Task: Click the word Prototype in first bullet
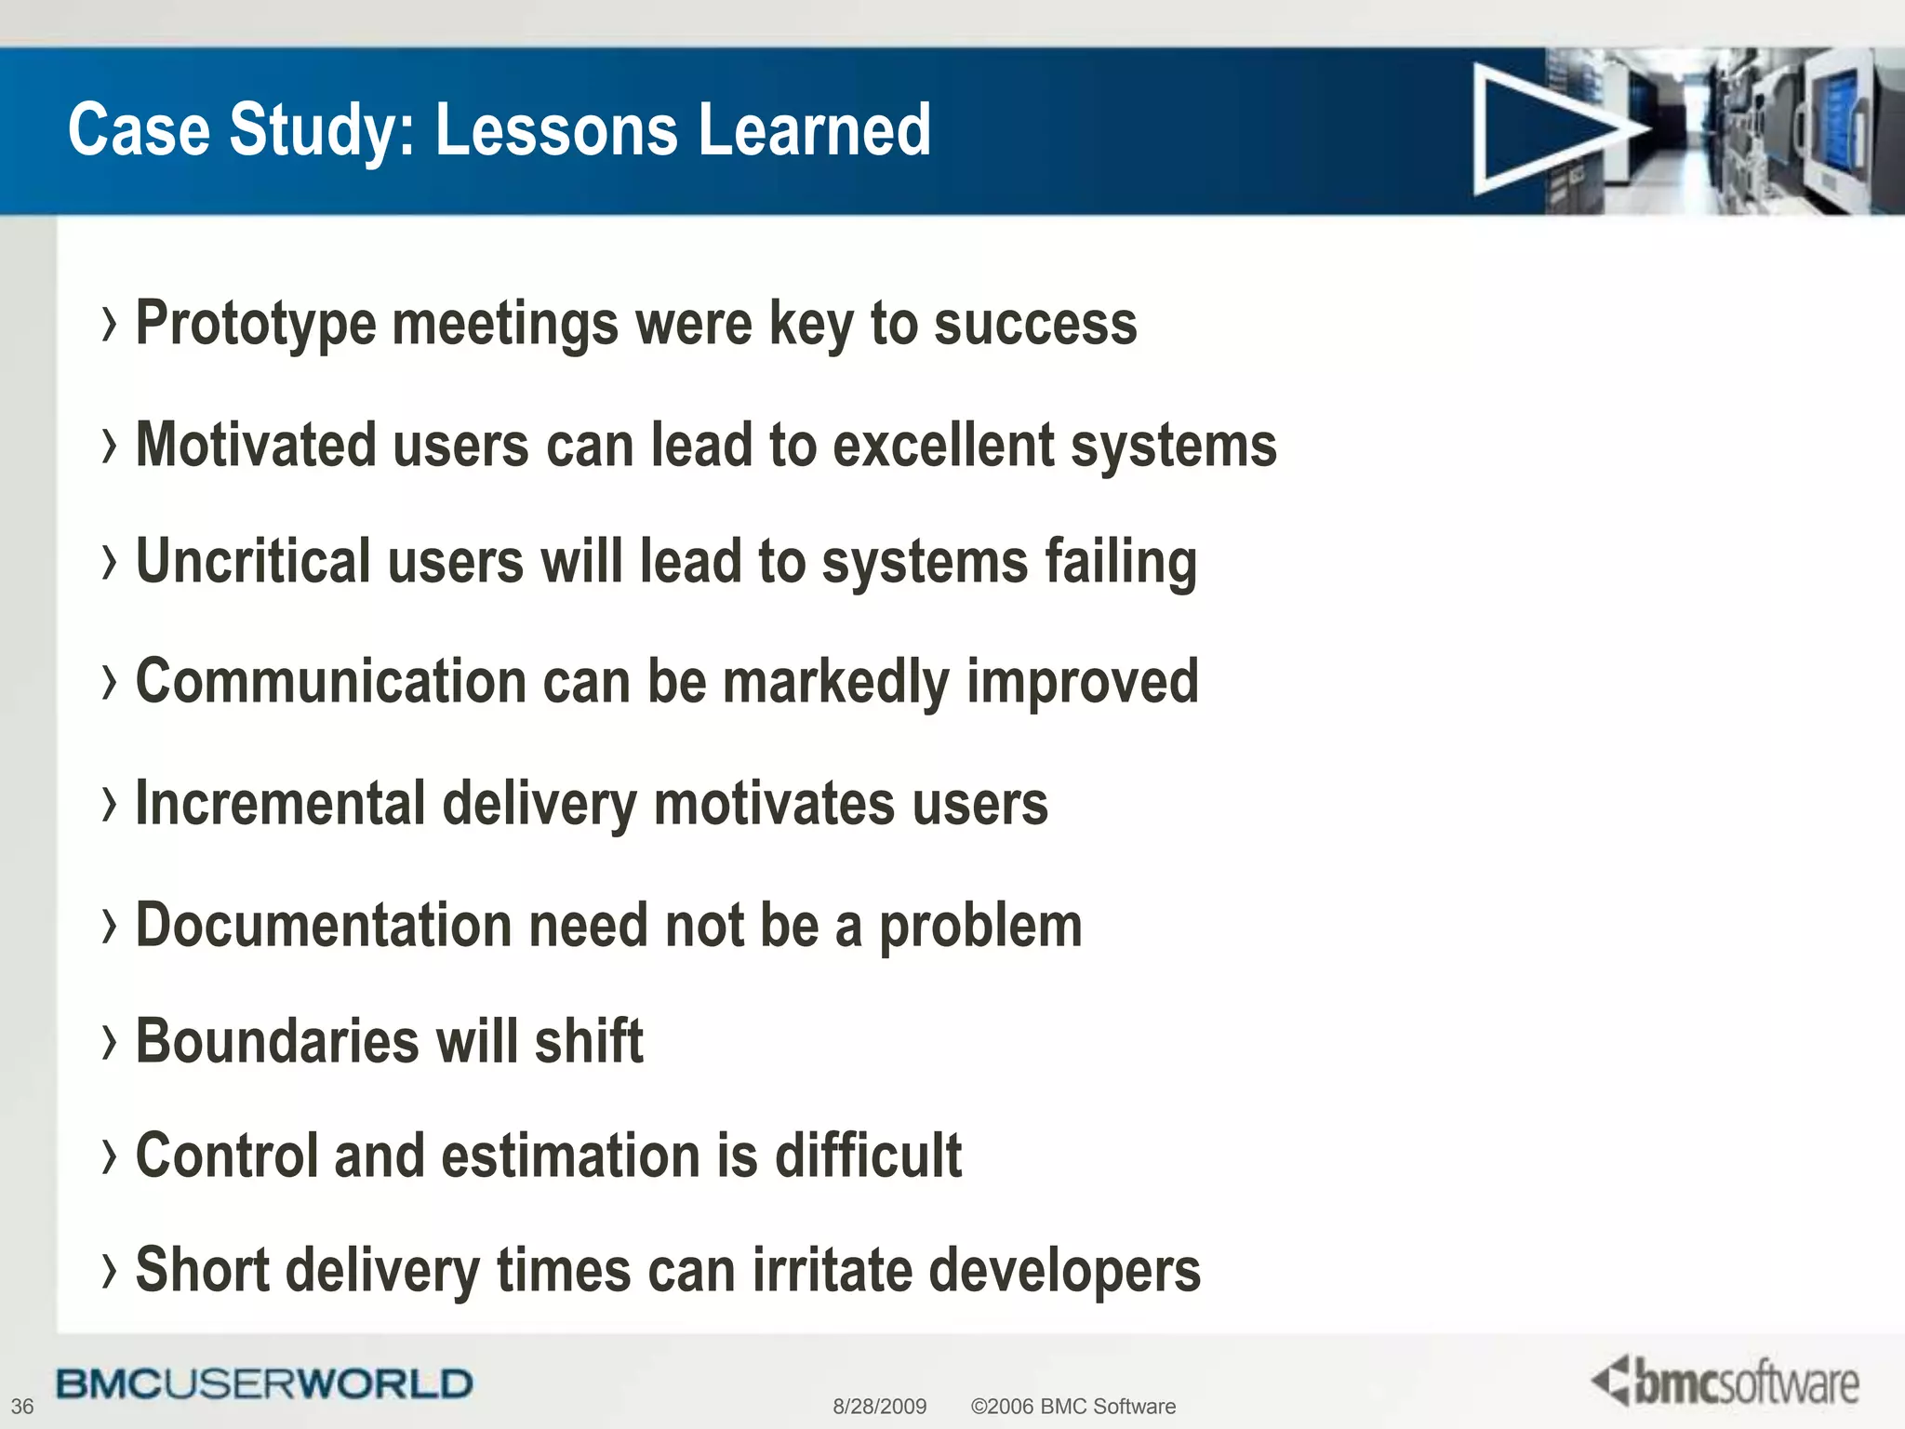[255, 325]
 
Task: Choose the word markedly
[835, 683]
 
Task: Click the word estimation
[570, 1155]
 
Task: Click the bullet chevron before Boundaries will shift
[110, 1042]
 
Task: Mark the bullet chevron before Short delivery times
[110, 1271]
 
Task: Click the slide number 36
[22, 1406]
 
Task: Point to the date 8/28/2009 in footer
[879, 1406]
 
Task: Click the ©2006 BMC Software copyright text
[1072, 1406]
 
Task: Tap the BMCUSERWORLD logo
[264, 1384]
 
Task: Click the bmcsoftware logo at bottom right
[1725, 1382]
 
